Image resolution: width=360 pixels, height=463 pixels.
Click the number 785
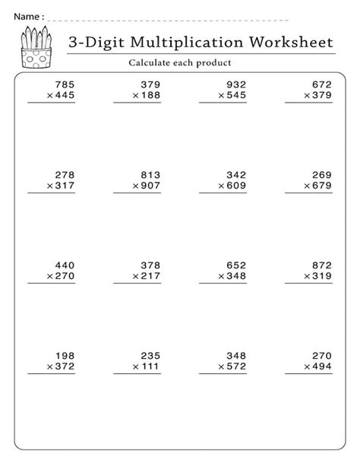tap(65, 85)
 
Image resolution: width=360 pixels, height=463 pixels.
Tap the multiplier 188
tap(150, 97)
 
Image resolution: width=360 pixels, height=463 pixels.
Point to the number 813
tap(150, 174)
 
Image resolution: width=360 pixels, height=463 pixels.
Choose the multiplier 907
tap(150, 186)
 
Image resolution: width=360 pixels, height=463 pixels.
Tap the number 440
tap(65, 265)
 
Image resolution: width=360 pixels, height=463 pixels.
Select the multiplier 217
tap(150, 277)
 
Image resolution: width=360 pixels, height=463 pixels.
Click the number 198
tap(65, 355)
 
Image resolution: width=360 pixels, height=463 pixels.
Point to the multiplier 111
tap(150, 366)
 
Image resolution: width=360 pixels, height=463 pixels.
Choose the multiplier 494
tap(321, 366)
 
